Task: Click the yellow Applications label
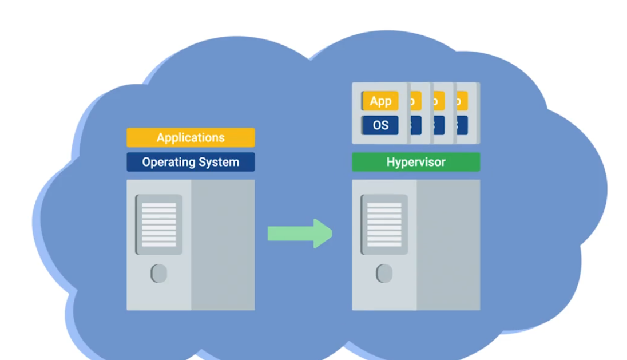191,137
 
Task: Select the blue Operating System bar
191,162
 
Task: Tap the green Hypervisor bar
416,162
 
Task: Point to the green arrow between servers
297,234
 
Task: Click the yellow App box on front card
380,101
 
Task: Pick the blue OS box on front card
380,125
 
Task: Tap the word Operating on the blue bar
167,163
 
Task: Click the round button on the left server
159,273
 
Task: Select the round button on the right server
384,273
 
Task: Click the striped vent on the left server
159,224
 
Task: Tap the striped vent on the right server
384,224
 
